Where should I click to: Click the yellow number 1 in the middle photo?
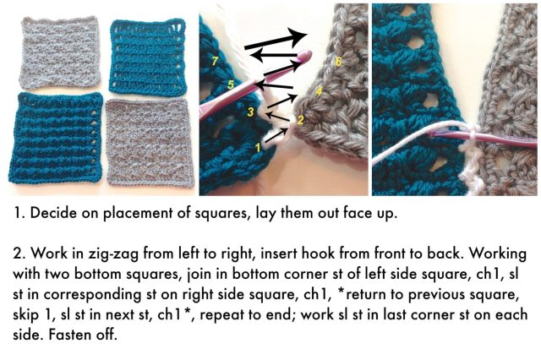[x=257, y=147]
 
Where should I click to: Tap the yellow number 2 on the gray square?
[x=300, y=120]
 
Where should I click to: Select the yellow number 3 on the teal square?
[x=251, y=112]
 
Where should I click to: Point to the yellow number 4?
[x=320, y=91]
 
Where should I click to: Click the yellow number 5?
[x=231, y=84]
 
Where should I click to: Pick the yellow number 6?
[x=338, y=62]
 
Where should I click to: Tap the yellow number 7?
[x=215, y=61]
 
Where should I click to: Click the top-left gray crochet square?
[x=60, y=52]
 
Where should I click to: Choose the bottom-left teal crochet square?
[x=57, y=138]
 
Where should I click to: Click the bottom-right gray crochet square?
[x=150, y=143]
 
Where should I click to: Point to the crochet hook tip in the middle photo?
[x=306, y=54]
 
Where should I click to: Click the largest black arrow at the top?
[x=276, y=41]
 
